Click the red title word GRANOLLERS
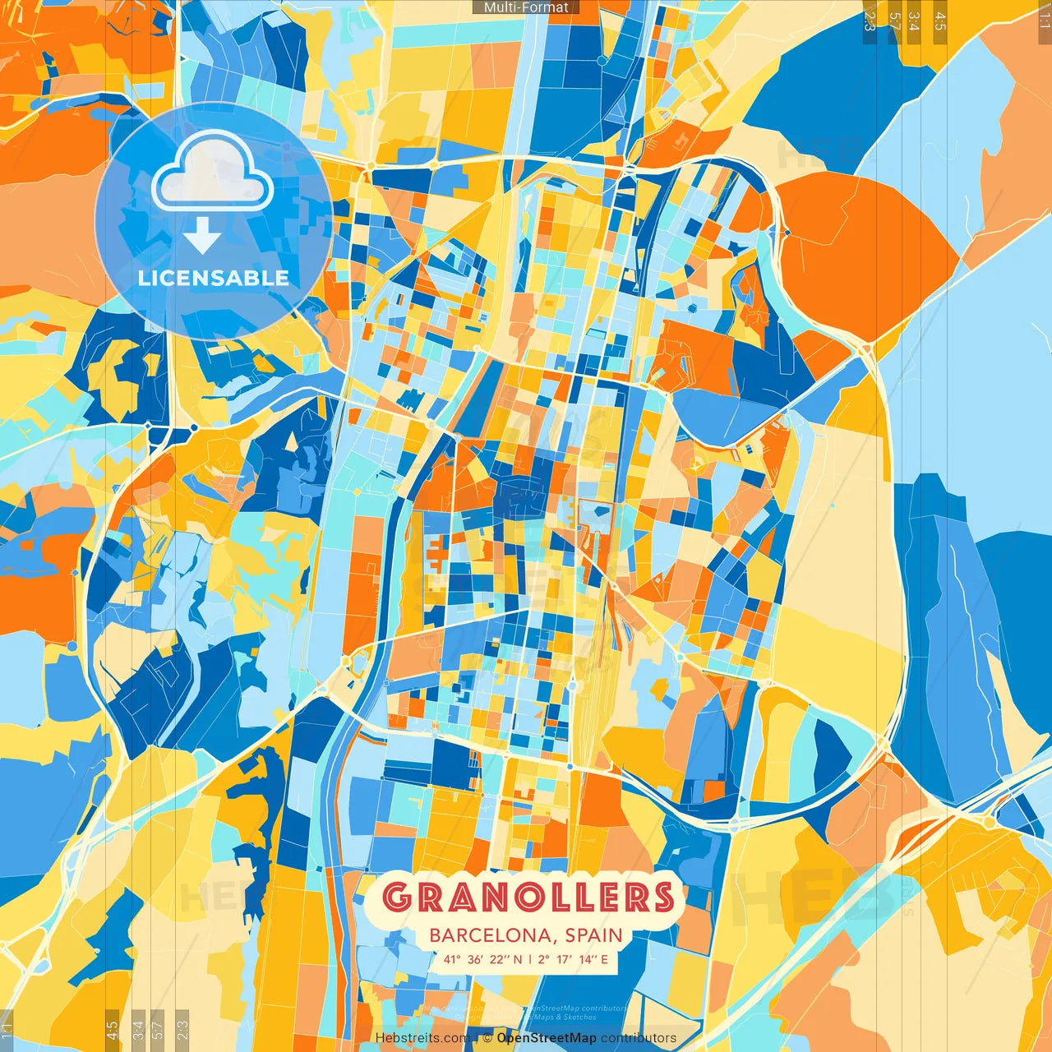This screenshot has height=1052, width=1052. [528, 897]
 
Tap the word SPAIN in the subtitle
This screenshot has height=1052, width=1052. [593, 935]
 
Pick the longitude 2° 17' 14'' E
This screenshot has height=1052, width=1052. [574, 959]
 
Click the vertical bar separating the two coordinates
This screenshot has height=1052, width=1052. [530, 959]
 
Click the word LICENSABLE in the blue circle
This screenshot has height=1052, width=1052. [214, 278]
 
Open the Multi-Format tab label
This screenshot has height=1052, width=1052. [526, 7]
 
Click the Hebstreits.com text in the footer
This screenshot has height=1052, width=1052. [422, 1038]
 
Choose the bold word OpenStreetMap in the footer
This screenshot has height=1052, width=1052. [547, 1038]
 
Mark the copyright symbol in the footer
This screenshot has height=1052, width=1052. [487, 1038]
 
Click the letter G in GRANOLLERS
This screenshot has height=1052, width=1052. [398, 897]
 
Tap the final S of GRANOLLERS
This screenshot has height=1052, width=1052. [661, 897]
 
